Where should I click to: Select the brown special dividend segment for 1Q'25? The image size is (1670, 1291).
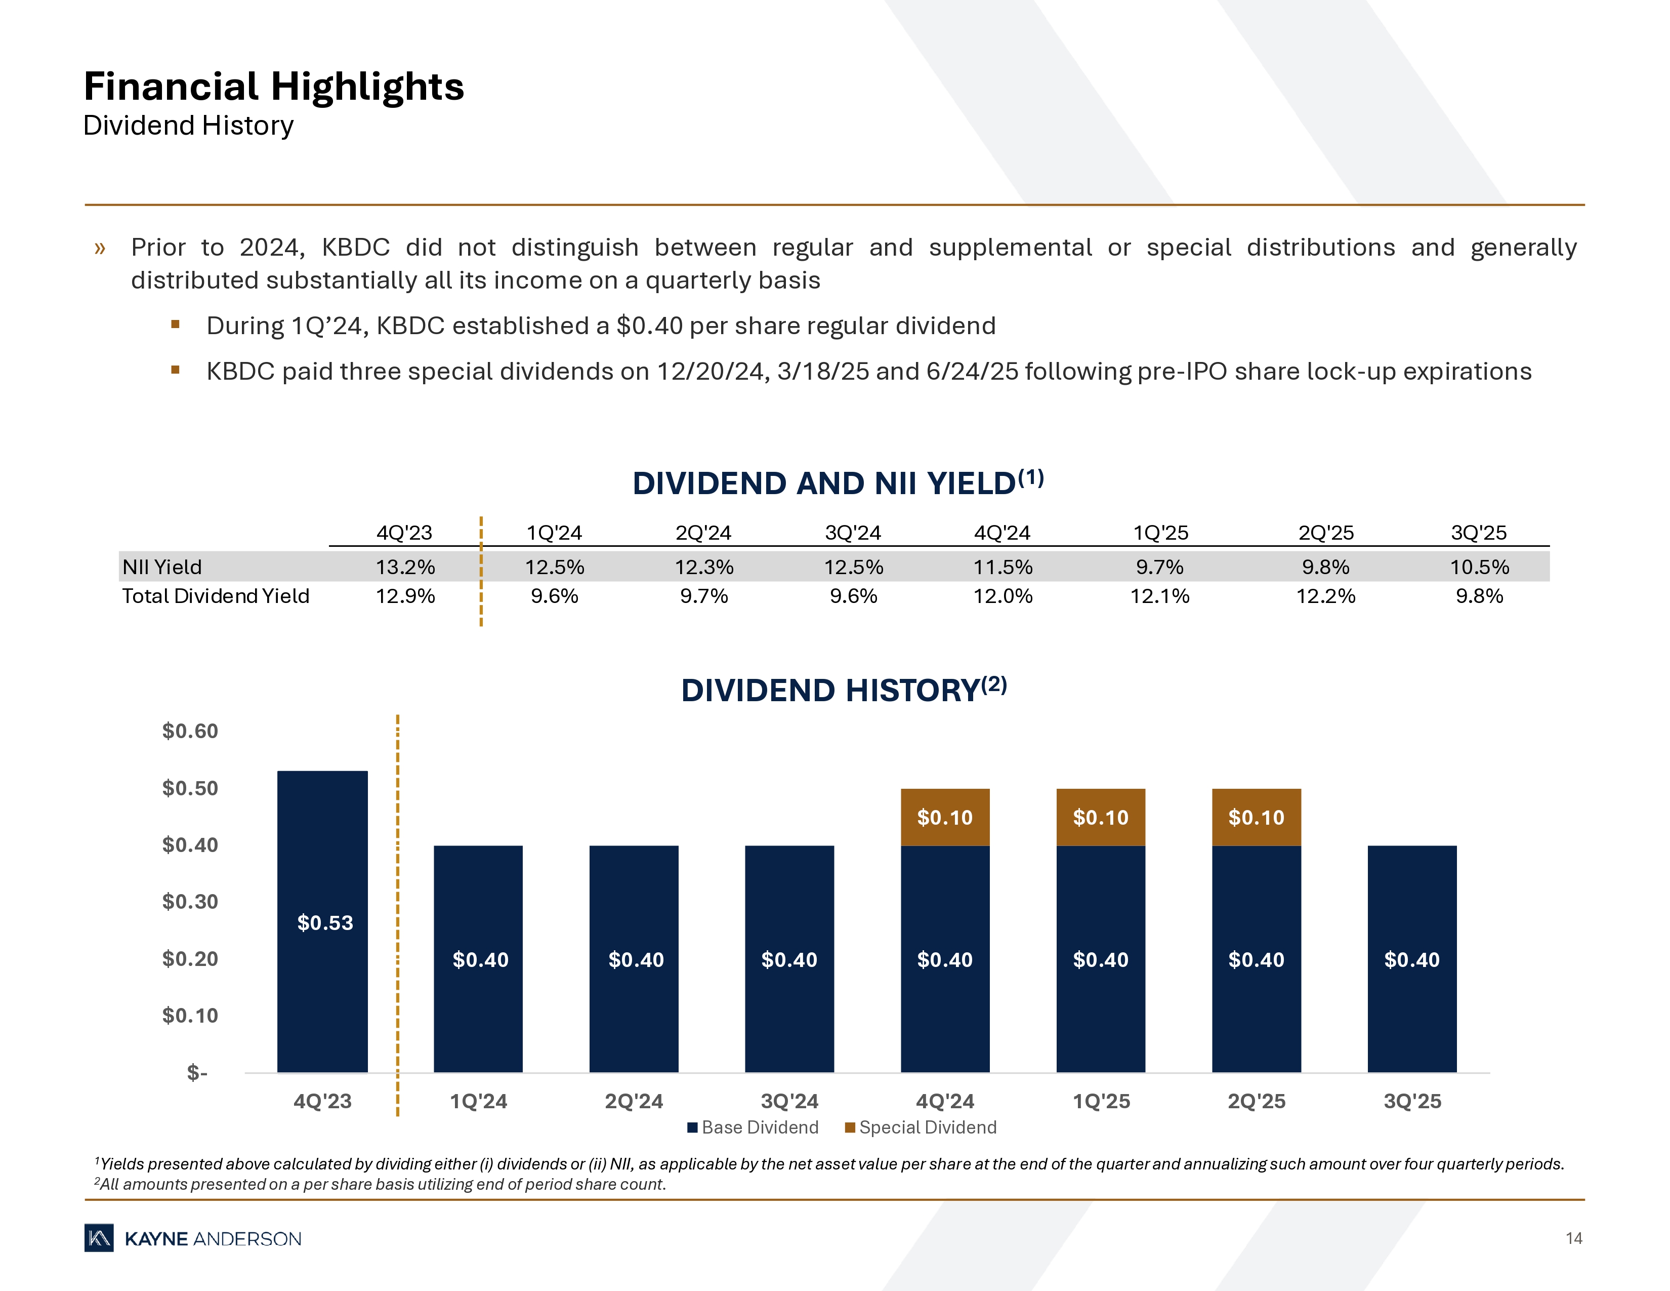tap(1100, 817)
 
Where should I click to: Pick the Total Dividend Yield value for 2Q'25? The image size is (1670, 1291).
tap(1325, 596)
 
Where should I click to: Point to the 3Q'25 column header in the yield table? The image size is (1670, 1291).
tap(1478, 532)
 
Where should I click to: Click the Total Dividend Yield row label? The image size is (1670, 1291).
tap(216, 596)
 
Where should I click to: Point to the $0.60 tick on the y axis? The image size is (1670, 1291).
tap(190, 731)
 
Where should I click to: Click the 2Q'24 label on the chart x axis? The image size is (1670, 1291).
tap(634, 1101)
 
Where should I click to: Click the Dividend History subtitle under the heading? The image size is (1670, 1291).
tap(188, 126)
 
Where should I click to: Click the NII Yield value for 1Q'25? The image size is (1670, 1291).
tap(1159, 567)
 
